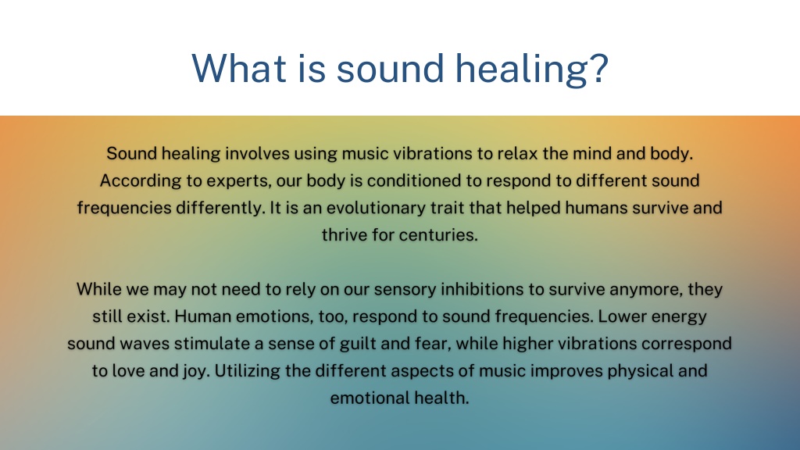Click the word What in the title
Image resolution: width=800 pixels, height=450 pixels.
point(239,68)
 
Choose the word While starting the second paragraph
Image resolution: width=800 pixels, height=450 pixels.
point(99,289)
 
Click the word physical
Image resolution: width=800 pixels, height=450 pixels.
point(640,371)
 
